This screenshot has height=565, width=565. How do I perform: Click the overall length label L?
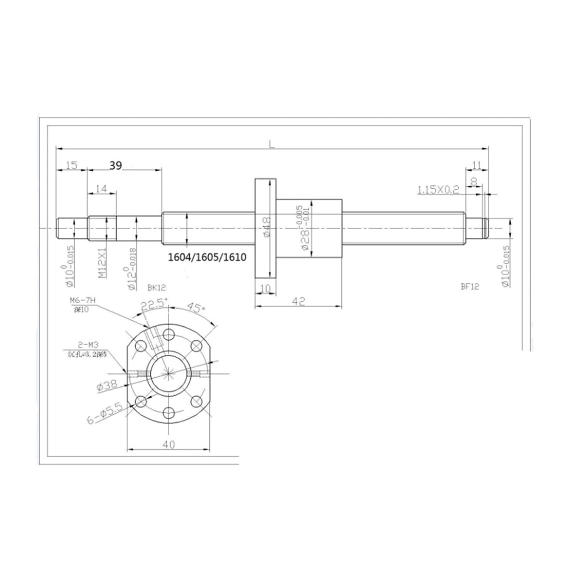(x=272, y=144)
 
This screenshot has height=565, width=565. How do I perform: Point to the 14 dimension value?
(x=101, y=189)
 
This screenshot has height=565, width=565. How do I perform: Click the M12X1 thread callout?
(x=102, y=263)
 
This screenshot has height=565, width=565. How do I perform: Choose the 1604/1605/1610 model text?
(x=207, y=257)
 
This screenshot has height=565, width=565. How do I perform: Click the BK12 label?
(x=156, y=287)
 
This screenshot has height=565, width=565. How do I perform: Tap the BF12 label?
(x=470, y=286)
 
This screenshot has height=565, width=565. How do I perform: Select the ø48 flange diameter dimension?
(x=267, y=227)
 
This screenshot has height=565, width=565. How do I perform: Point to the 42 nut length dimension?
(x=298, y=301)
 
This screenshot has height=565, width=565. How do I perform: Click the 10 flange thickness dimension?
(x=265, y=289)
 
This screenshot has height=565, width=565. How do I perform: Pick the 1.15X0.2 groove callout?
(x=438, y=190)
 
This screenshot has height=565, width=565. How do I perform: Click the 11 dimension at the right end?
(x=476, y=165)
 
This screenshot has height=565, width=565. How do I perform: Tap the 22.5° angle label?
(x=154, y=304)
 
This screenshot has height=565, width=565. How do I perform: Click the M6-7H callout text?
(x=82, y=301)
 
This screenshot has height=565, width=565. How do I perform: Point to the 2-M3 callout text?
(x=88, y=345)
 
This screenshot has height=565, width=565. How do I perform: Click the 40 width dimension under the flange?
(x=169, y=445)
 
